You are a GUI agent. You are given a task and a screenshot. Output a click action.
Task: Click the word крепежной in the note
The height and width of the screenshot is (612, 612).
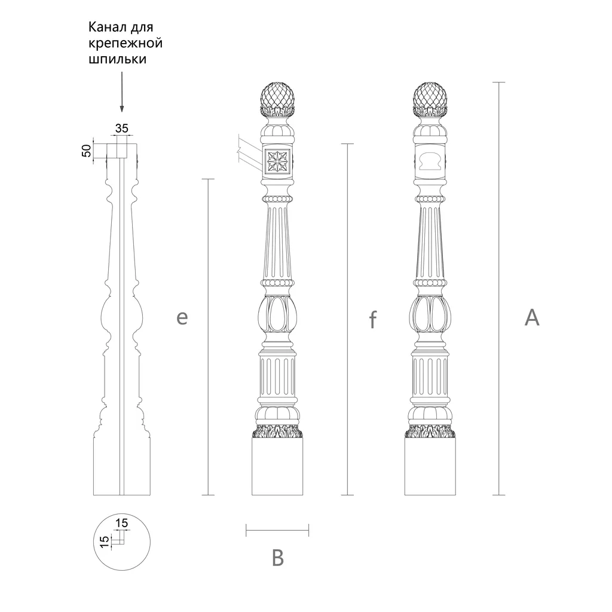(126, 43)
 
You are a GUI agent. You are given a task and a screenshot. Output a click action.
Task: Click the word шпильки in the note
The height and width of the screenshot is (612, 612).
(118, 59)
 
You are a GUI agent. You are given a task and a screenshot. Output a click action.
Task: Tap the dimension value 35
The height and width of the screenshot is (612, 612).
(122, 128)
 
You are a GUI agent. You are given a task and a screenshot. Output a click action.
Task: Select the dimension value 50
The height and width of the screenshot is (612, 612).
(86, 150)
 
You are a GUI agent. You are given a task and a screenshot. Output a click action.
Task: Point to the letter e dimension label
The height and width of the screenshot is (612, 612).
(182, 318)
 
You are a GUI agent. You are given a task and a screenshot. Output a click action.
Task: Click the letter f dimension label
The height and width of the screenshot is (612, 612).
(373, 319)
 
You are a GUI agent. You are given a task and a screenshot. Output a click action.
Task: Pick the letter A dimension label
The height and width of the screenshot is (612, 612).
(531, 317)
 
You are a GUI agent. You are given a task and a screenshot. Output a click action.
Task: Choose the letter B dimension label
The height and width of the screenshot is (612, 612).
(277, 558)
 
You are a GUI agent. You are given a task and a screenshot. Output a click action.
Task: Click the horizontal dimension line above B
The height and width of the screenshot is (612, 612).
(277, 530)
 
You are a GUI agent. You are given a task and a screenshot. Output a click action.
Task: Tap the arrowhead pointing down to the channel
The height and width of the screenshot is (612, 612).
(122, 109)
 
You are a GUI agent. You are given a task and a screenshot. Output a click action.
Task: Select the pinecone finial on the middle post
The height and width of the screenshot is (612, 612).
(277, 100)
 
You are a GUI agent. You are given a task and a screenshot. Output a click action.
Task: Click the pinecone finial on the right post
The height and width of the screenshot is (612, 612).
(430, 100)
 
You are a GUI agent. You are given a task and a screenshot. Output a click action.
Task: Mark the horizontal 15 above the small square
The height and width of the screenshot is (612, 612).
(122, 522)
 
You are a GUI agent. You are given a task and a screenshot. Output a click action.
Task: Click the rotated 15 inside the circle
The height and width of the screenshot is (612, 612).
(104, 541)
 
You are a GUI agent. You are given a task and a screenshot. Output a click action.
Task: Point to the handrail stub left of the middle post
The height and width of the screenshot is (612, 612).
(249, 152)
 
